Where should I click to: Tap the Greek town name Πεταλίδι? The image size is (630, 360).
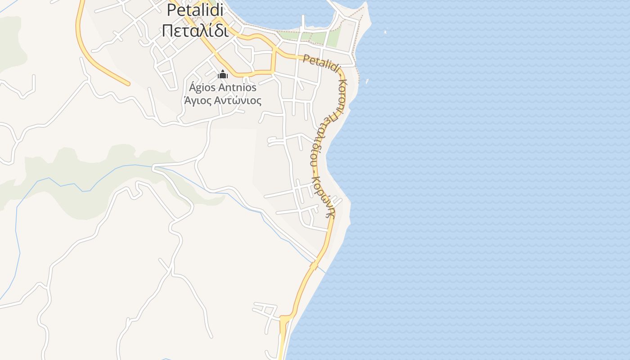(195, 31)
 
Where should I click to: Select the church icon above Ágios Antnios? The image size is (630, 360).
(223, 74)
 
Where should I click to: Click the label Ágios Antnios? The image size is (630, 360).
(223, 87)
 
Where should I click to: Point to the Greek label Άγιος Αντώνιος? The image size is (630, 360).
(223, 100)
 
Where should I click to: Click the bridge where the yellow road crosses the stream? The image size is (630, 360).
(314, 266)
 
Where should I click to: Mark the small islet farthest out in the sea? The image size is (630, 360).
(385, 32)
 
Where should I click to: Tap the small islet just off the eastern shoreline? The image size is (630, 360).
(367, 81)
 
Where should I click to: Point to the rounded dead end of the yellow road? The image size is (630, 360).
(128, 83)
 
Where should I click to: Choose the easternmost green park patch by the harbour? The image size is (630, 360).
(333, 38)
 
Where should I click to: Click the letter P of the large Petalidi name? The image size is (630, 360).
(171, 10)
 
